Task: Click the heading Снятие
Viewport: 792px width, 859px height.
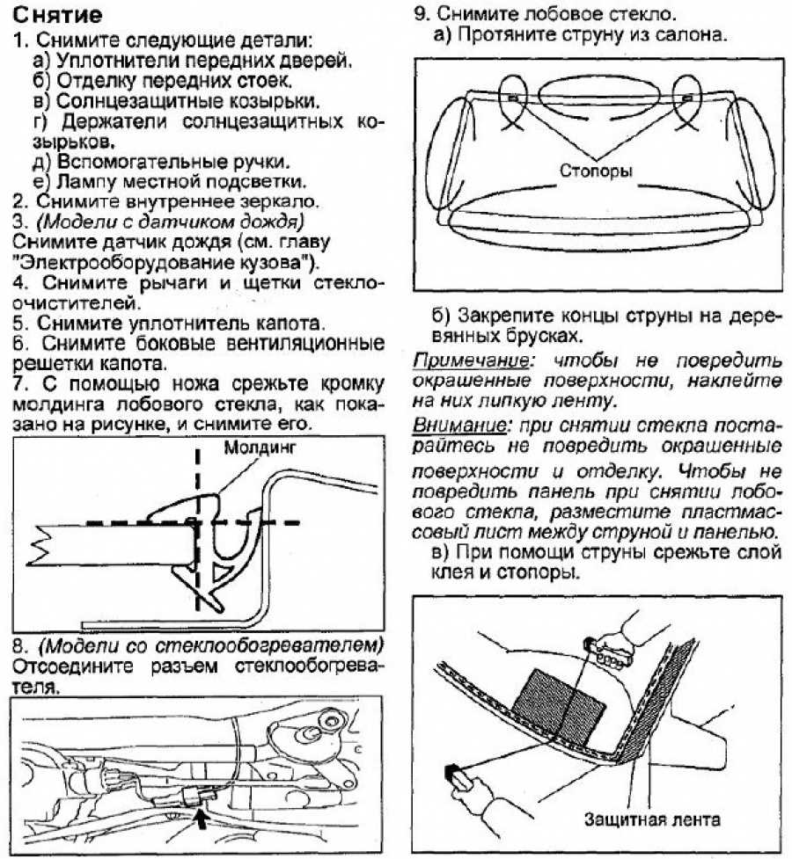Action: [58, 16]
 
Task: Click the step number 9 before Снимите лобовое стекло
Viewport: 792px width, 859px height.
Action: [420, 15]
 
